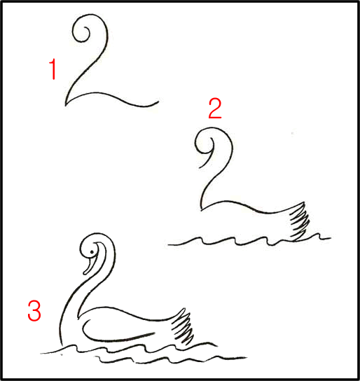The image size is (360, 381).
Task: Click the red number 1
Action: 53,69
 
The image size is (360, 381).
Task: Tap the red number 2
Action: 215,109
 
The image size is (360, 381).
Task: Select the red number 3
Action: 34,311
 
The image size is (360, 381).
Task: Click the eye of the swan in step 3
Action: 92,252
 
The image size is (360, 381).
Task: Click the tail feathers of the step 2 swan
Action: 300,221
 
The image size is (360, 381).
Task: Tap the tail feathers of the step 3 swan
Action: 183,327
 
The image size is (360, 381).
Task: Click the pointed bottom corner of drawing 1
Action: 65,105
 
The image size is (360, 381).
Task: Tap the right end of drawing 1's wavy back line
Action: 158,101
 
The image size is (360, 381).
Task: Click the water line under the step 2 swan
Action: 248,240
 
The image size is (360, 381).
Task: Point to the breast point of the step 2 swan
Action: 202,209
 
